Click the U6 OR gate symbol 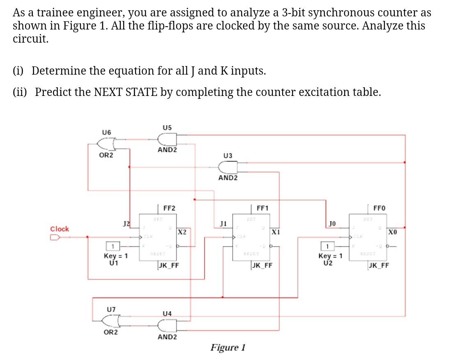[x=108, y=143]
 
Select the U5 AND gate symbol [x=167, y=140]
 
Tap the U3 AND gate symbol [x=228, y=167]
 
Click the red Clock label [x=60, y=229]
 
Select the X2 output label [x=182, y=232]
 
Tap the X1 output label [x=276, y=232]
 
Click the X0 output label [x=393, y=232]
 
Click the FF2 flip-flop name [x=169, y=208]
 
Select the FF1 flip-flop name [x=262, y=208]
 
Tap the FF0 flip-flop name [x=379, y=208]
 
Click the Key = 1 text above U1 [x=116, y=256]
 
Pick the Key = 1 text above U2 [x=330, y=256]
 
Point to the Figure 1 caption [x=228, y=348]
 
